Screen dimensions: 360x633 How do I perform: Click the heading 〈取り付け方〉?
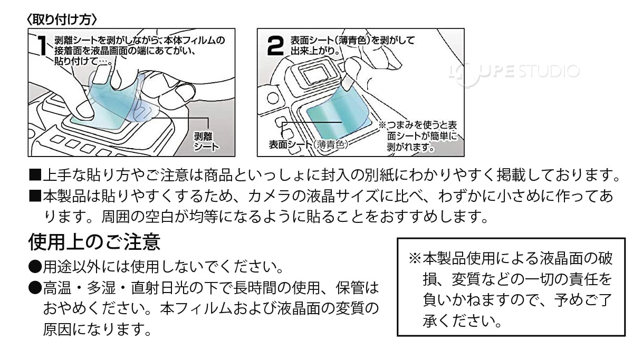[x=62, y=20]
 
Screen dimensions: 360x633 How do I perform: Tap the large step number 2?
[x=276, y=47]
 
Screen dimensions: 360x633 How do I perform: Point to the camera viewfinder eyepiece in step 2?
[x=316, y=71]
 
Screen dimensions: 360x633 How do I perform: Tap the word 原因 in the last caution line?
[x=57, y=330]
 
